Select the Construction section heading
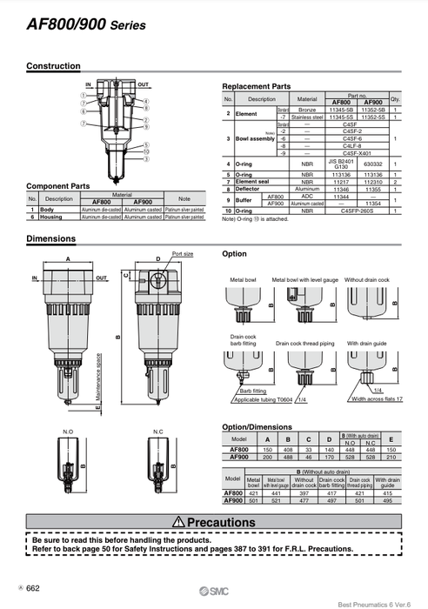point(53,66)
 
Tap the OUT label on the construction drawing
point(143,84)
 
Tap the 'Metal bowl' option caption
point(244,280)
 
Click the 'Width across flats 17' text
point(377,398)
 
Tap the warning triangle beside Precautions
point(177,521)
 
